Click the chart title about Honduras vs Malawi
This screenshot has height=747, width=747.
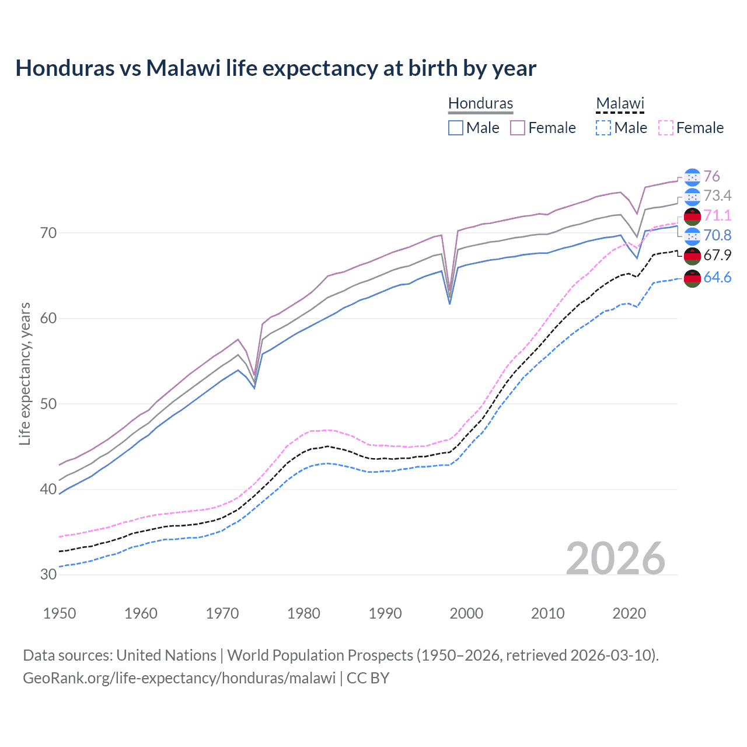point(275,68)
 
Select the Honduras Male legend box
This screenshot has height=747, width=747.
point(456,128)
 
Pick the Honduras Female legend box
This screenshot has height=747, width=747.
point(518,128)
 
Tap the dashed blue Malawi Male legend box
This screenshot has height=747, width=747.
point(603,128)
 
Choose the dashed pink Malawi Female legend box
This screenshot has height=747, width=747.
point(666,128)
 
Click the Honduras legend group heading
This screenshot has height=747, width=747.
point(480,103)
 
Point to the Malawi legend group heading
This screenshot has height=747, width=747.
point(620,103)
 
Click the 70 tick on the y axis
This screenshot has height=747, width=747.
point(48,233)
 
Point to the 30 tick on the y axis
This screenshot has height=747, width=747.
point(48,574)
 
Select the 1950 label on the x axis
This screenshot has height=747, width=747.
point(60,613)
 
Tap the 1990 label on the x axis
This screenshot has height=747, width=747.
point(385,613)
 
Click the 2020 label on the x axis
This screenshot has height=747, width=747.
point(629,613)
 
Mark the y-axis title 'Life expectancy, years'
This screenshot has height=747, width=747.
point(25,373)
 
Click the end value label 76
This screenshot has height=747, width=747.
point(711,176)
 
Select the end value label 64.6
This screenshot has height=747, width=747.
point(717,278)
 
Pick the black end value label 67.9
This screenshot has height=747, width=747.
point(717,256)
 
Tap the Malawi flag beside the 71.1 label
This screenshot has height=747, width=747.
point(692,216)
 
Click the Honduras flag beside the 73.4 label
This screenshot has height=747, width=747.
point(692,196)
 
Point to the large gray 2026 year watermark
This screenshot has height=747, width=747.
point(615,558)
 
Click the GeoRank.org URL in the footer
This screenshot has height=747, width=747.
point(179,678)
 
